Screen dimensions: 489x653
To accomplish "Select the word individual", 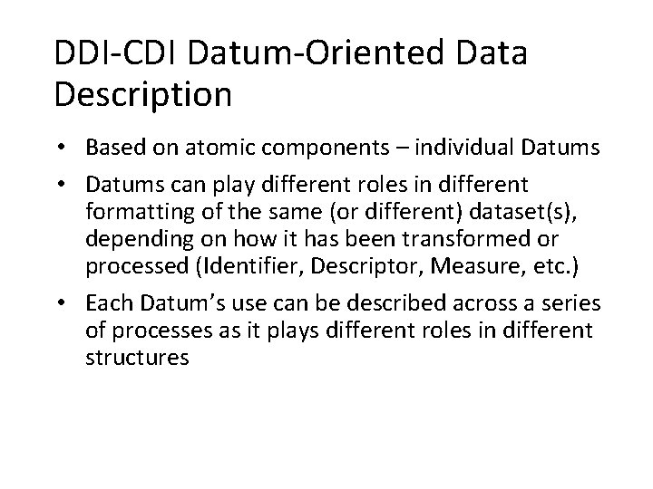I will (479, 149).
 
